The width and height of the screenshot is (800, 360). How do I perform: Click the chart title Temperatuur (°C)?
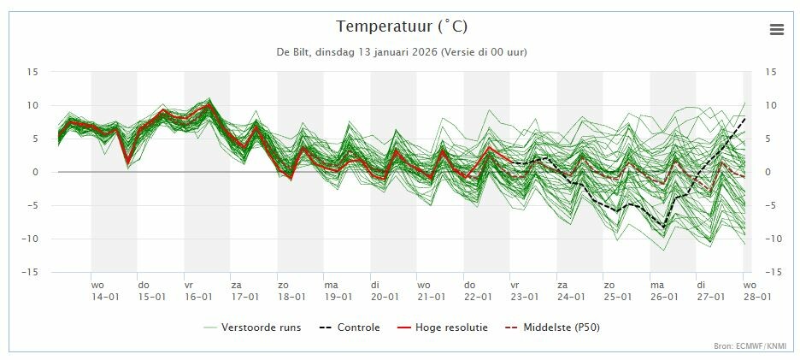(402, 27)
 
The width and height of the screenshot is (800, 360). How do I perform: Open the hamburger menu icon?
(776, 29)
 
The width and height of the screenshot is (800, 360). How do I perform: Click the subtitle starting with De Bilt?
(402, 52)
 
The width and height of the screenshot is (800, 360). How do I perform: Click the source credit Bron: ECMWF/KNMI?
(750, 346)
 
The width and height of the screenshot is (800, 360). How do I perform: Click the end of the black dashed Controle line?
(744, 118)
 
